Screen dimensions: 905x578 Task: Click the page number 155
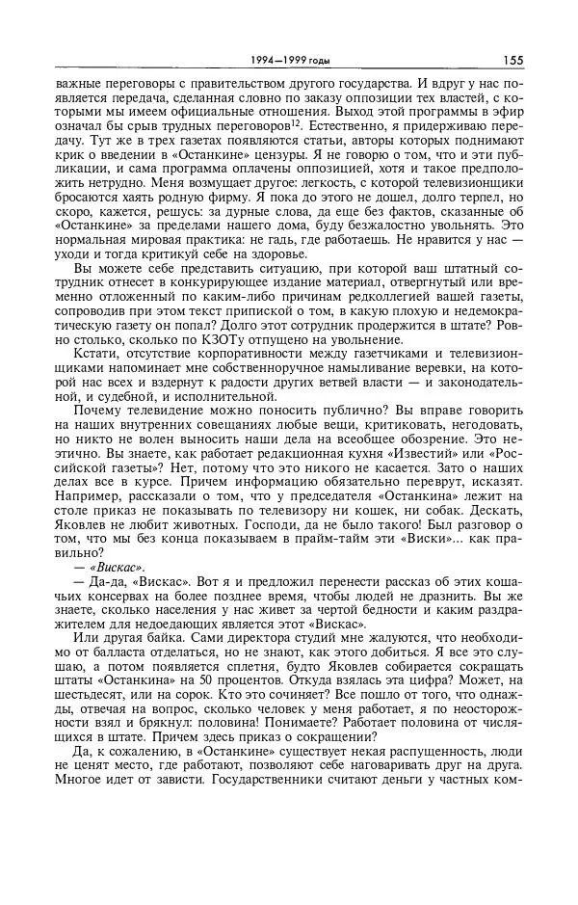tap(512, 60)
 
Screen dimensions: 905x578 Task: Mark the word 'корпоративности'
tap(238, 357)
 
